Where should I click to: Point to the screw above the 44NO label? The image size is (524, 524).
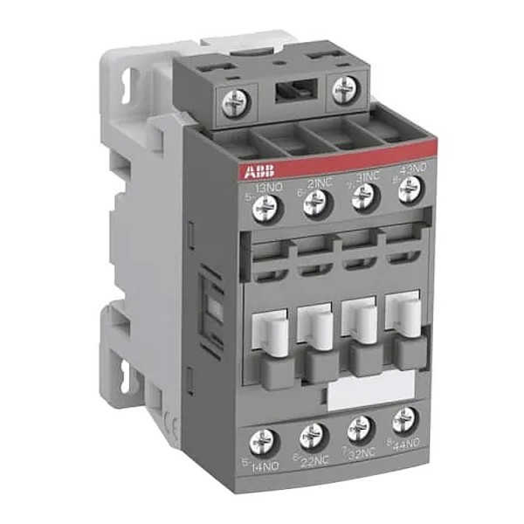click(402, 419)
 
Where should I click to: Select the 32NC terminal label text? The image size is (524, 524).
click(362, 452)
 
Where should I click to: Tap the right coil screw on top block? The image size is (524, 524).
click(345, 86)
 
